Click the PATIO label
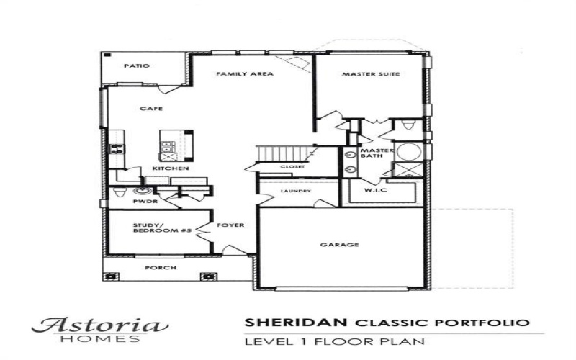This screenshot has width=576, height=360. pyautogui.click(x=136, y=66)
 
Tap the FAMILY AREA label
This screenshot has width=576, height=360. pyautogui.click(x=244, y=74)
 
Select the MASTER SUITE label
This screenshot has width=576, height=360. pyautogui.click(x=371, y=74)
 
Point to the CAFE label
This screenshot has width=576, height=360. pyautogui.click(x=150, y=109)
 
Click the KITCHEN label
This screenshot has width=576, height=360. pyautogui.click(x=171, y=168)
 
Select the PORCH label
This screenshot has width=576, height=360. pyautogui.click(x=161, y=268)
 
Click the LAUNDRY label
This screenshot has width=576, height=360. pyautogui.click(x=296, y=191)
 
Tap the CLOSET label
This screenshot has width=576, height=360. pyautogui.click(x=292, y=166)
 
